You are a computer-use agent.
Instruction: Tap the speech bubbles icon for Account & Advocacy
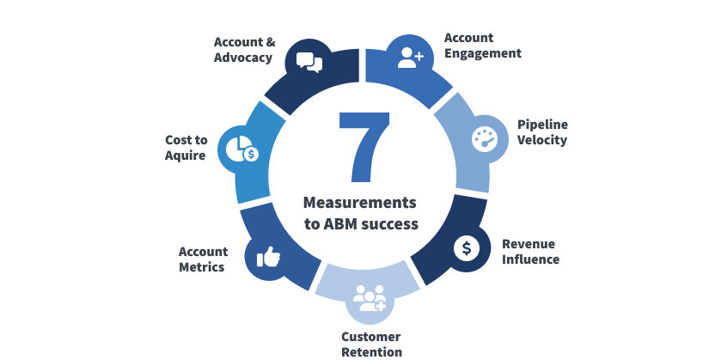tap(309, 61)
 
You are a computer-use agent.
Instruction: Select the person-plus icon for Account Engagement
tap(410, 57)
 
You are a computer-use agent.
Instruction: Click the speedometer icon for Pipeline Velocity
tap(486, 137)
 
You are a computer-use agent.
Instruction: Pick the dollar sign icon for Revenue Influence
tap(467, 248)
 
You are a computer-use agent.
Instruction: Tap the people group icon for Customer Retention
tap(370, 298)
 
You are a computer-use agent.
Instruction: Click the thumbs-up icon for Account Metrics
tap(268, 256)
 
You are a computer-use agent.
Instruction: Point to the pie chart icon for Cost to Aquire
tap(241, 149)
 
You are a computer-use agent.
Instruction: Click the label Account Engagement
tap(482, 46)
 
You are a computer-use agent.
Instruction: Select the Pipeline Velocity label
tap(542, 132)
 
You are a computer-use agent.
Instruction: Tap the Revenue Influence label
tap(530, 251)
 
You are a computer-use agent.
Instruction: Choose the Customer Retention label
tap(370, 344)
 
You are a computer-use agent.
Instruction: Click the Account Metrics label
tap(203, 259)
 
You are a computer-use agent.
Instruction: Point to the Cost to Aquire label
tap(186, 148)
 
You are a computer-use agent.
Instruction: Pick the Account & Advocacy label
tap(243, 50)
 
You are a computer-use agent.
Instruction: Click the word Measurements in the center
tap(359, 203)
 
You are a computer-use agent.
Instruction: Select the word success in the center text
tap(390, 224)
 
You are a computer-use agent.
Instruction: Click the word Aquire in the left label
tap(186, 156)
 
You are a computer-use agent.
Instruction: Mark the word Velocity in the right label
tap(542, 140)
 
